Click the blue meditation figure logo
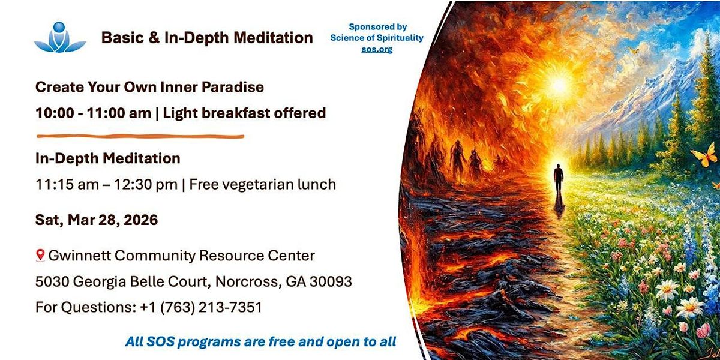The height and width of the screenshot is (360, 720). (60, 37)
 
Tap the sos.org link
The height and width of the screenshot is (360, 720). (377, 49)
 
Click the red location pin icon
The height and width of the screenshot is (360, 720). (40, 255)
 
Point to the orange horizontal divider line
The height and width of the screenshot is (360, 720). (140, 136)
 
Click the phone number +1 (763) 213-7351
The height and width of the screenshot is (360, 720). (201, 307)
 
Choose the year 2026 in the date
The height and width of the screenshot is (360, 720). (141, 220)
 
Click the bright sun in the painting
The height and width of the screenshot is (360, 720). (559, 84)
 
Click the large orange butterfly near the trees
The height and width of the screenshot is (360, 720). (704, 155)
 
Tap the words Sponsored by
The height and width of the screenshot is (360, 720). (377, 27)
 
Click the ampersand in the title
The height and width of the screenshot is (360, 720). (154, 38)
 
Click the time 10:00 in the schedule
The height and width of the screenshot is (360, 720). (55, 113)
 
